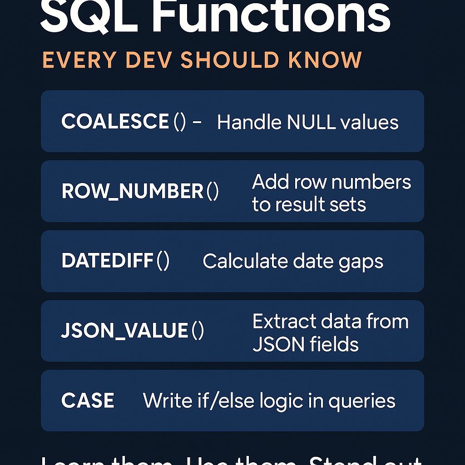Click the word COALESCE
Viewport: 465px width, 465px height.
click(115, 122)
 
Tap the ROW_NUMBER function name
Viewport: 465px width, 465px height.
click(132, 192)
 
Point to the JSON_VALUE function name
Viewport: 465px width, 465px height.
click(124, 331)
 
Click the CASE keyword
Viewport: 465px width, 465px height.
click(88, 401)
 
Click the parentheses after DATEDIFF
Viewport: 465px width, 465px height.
click(163, 261)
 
